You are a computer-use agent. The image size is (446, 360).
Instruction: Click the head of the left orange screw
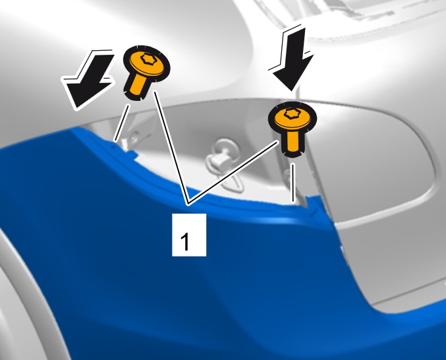(x=146, y=64)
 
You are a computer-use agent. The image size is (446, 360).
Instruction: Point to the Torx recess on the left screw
(x=148, y=59)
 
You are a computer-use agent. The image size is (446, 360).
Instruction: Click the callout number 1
(x=185, y=241)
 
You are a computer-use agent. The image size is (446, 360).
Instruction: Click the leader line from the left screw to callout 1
(x=171, y=148)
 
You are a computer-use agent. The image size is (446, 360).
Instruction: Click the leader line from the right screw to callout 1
(x=233, y=173)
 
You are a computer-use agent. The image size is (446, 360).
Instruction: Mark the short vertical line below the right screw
(x=293, y=183)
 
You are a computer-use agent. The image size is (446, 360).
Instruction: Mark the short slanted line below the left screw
(x=121, y=123)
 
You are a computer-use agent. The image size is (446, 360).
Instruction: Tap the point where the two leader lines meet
(x=188, y=204)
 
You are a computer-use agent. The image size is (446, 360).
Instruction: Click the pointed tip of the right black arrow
(x=292, y=91)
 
